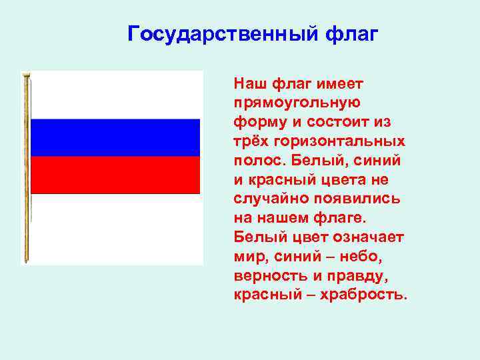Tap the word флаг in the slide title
coord(351,33)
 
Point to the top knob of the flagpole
coord(27,75)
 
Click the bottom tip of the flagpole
coord(27,260)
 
